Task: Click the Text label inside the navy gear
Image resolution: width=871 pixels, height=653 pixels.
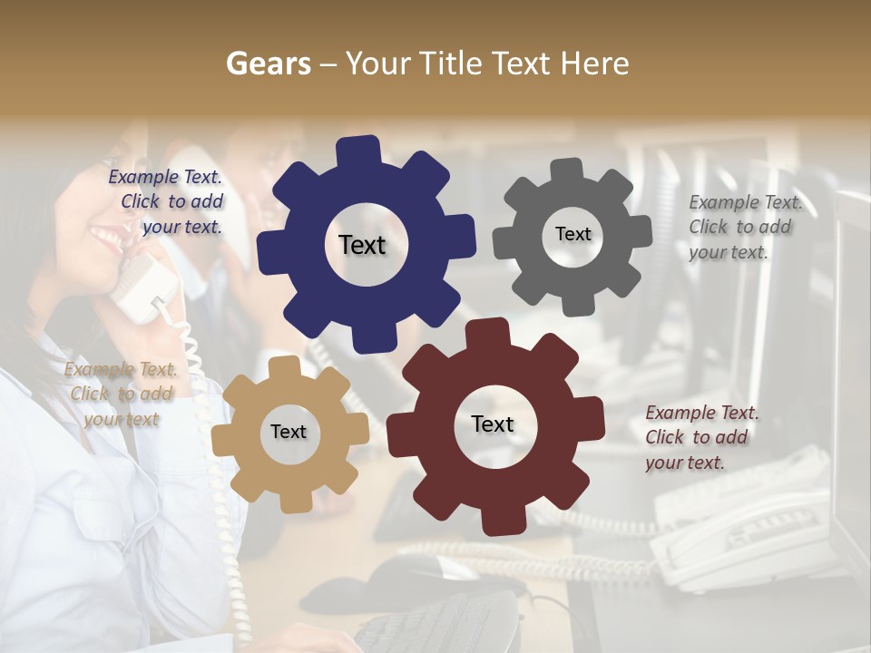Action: (x=362, y=245)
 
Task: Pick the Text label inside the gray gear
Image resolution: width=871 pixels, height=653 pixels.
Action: (x=573, y=234)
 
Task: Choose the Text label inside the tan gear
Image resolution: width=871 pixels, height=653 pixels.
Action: (x=289, y=433)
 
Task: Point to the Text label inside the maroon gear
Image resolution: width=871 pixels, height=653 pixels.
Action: (x=493, y=424)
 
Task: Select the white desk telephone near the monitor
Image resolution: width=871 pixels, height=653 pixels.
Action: (x=744, y=535)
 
